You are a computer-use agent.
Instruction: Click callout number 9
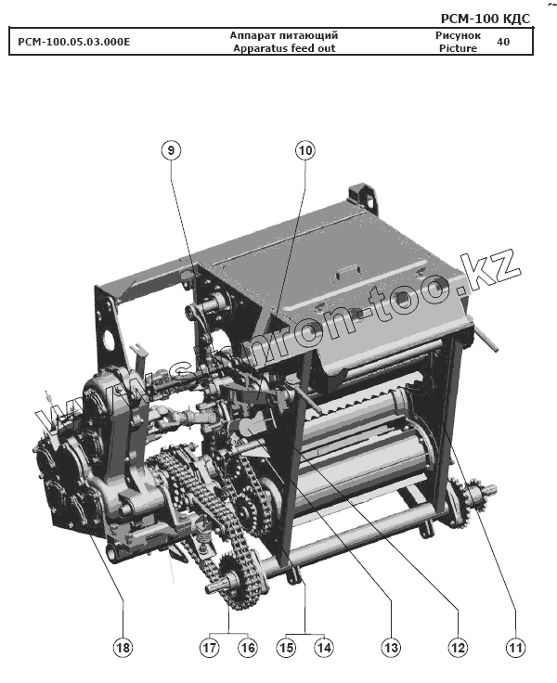[x=171, y=150]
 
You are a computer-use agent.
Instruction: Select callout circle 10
[x=305, y=150]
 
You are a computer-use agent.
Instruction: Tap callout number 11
[x=515, y=648]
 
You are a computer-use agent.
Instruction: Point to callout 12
[x=458, y=648]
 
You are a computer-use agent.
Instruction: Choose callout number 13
[x=391, y=648]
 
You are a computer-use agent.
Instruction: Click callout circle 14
[x=324, y=648]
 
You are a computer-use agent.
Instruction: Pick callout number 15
[x=286, y=648]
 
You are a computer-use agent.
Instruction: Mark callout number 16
[x=248, y=648]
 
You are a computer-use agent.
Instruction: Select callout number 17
[x=209, y=648]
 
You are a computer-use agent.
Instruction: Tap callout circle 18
[x=123, y=648]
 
